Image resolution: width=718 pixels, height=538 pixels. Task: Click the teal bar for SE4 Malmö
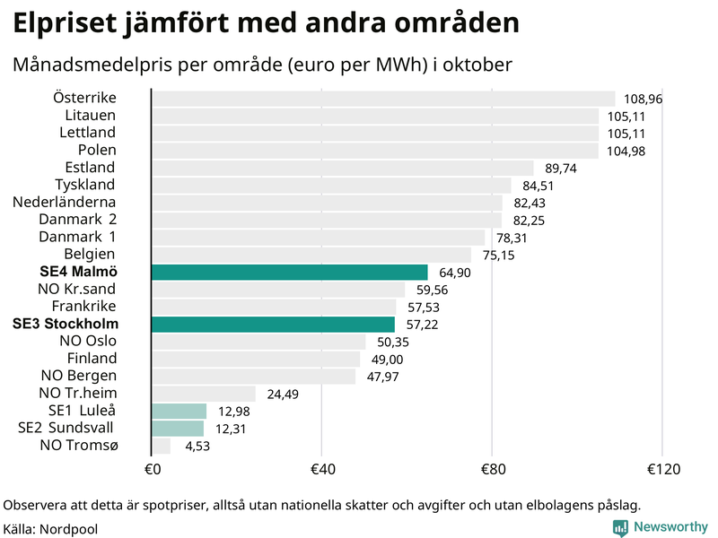tap(289, 272)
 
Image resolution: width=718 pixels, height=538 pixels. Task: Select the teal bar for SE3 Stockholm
tap(273, 324)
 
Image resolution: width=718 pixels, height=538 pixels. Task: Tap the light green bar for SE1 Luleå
tap(179, 411)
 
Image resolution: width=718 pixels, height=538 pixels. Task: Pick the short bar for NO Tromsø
tap(162, 446)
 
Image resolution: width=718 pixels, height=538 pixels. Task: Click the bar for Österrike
tap(383, 99)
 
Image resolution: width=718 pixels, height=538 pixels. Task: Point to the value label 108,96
tap(643, 100)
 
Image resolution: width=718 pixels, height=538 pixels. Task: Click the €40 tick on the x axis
tap(321, 469)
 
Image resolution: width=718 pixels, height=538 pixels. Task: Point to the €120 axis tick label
tap(661, 469)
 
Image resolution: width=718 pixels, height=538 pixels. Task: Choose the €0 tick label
tap(152, 469)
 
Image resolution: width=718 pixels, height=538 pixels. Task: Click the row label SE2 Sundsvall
tap(66, 428)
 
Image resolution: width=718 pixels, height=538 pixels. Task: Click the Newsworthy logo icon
tap(620, 527)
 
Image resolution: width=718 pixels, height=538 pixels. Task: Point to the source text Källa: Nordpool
tap(50, 528)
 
